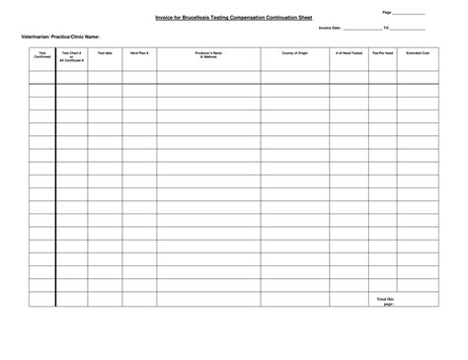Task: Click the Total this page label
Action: pos(384,300)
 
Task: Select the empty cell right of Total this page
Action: pos(420,300)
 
